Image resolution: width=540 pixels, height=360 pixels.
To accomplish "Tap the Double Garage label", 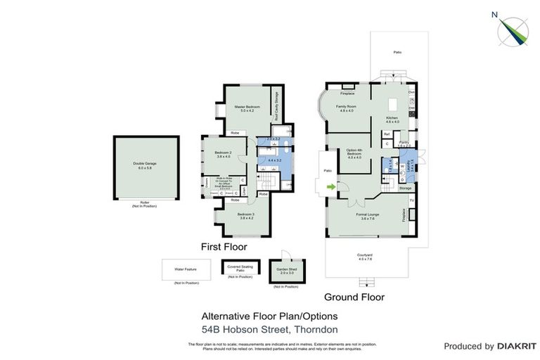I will coord(144,165).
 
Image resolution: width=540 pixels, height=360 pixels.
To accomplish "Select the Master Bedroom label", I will coord(247,108).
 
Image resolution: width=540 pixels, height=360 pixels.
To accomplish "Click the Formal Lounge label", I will coord(367,216).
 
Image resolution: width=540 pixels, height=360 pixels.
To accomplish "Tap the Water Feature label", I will coord(187,268).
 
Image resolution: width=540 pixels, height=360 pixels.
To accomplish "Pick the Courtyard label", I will coord(364,256).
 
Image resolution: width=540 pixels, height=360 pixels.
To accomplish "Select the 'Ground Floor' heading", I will coord(354,297).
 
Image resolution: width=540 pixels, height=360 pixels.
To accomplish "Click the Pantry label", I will coord(404,143).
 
